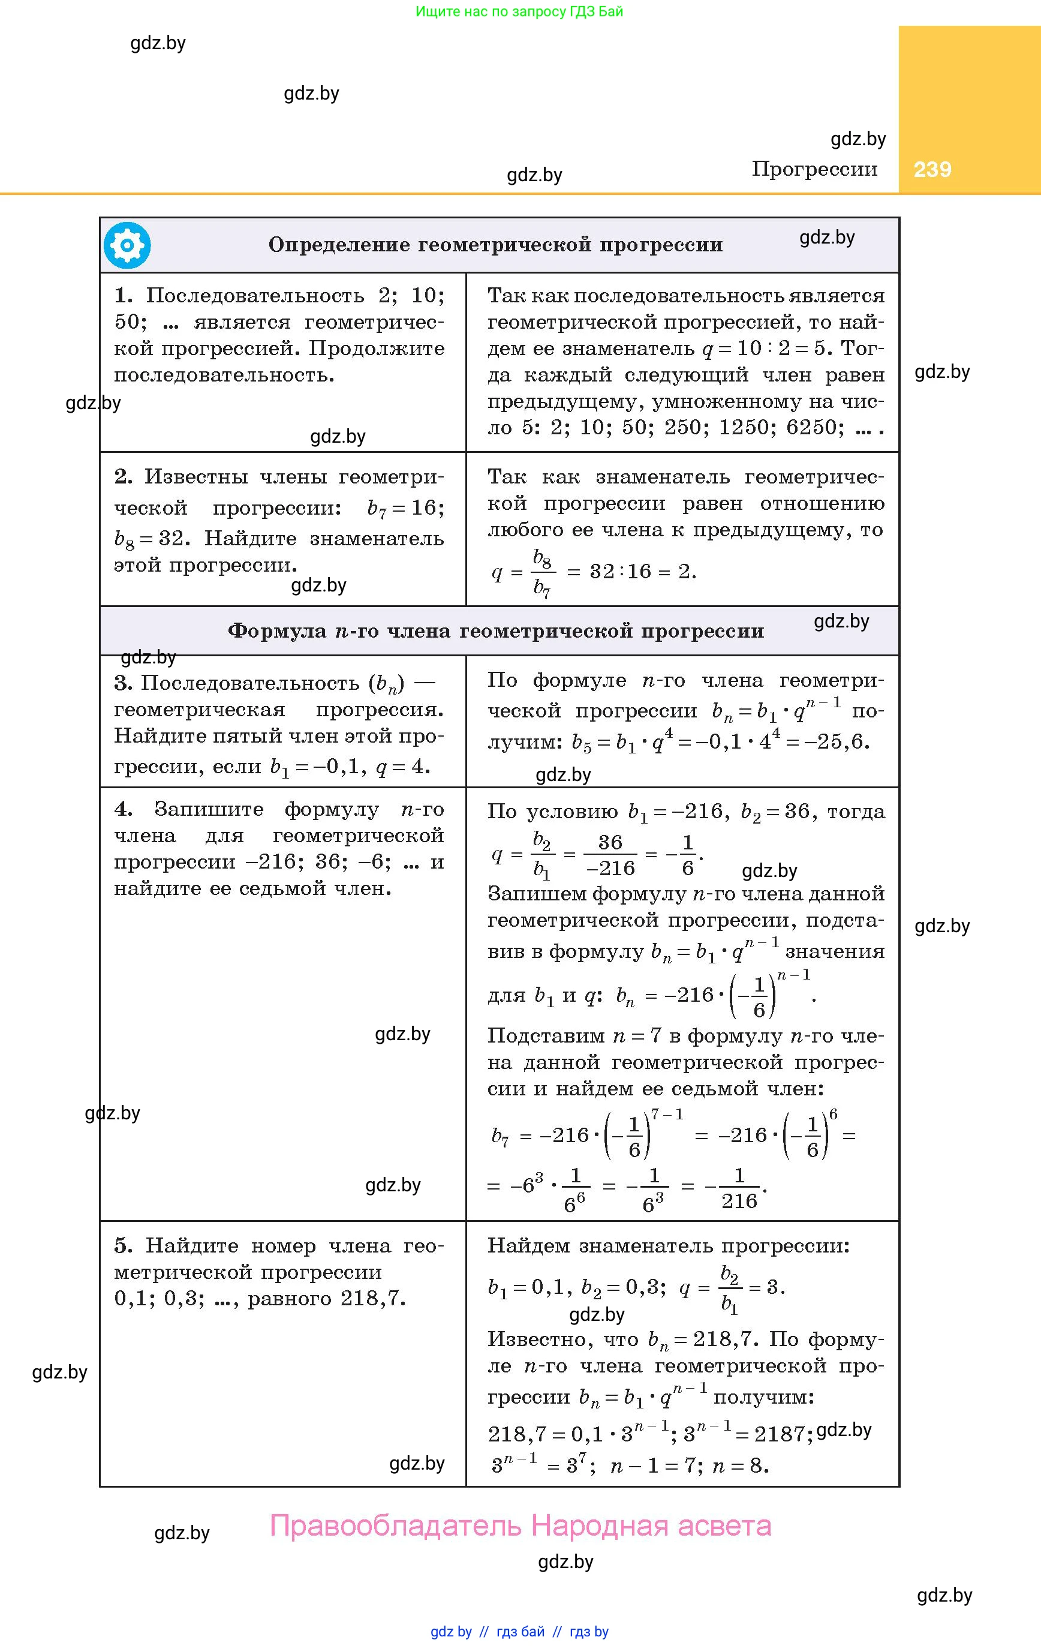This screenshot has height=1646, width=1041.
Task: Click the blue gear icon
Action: (127, 245)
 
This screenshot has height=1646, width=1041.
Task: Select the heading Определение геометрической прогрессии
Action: (495, 245)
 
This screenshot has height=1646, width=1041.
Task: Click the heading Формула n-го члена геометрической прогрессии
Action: (495, 630)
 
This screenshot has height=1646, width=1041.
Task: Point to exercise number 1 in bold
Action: (123, 295)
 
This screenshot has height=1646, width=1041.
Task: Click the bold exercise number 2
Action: (123, 476)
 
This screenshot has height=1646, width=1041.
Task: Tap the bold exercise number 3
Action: (123, 683)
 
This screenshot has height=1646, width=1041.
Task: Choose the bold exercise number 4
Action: (123, 809)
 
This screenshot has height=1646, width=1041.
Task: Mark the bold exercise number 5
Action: (123, 1246)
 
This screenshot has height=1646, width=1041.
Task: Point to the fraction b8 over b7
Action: (542, 573)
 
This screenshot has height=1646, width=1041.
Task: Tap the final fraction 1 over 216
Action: (739, 1189)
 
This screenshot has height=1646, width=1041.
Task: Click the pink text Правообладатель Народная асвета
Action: (520, 1525)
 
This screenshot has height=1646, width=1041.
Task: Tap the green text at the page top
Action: (519, 11)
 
